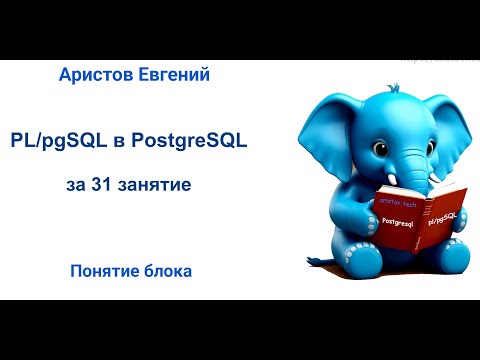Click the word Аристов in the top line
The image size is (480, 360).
(x=103, y=75)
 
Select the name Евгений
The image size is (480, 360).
(x=177, y=75)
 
